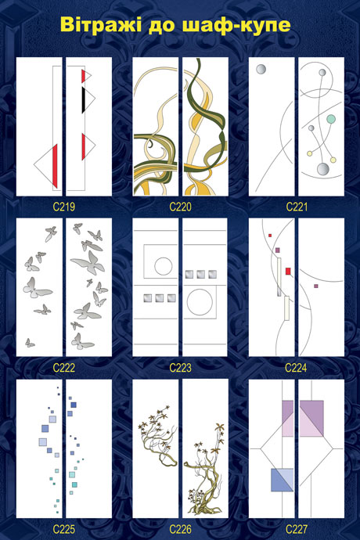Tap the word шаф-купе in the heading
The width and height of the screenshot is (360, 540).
pyautogui.click(x=233, y=25)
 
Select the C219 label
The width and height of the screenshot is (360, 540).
pyautogui.click(x=64, y=207)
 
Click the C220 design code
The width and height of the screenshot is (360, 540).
pyautogui.click(x=180, y=207)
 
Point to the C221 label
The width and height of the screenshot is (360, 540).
pyautogui.click(x=297, y=207)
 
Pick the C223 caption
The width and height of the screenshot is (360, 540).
pyautogui.click(x=180, y=368)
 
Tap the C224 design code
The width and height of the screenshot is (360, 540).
pyautogui.click(x=297, y=368)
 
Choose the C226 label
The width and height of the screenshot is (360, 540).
pyautogui.click(x=180, y=529)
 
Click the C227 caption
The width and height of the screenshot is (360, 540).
pyautogui.click(x=297, y=529)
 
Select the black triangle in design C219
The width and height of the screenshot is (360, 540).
pyautogui.click(x=84, y=100)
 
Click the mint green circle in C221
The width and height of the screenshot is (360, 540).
pyautogui.click(x=331, y=119)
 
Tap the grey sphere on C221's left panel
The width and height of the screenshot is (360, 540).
pyautogui.click(x=261, y=69)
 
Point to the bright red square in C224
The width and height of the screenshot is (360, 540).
pyautogui.click(x=288, y=271)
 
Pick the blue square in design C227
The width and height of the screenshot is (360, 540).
pyautogui.click(x=282, y=480)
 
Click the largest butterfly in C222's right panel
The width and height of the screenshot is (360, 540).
pyautogui.click(x=88, y=263)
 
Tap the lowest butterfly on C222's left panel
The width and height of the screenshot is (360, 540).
pyautogui.click(x=30, y=343)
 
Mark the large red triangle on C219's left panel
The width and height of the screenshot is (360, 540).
pyautogui.click(x=54, y=166)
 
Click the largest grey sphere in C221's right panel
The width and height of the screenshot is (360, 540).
pyautogui.click(x=323, y=169)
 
